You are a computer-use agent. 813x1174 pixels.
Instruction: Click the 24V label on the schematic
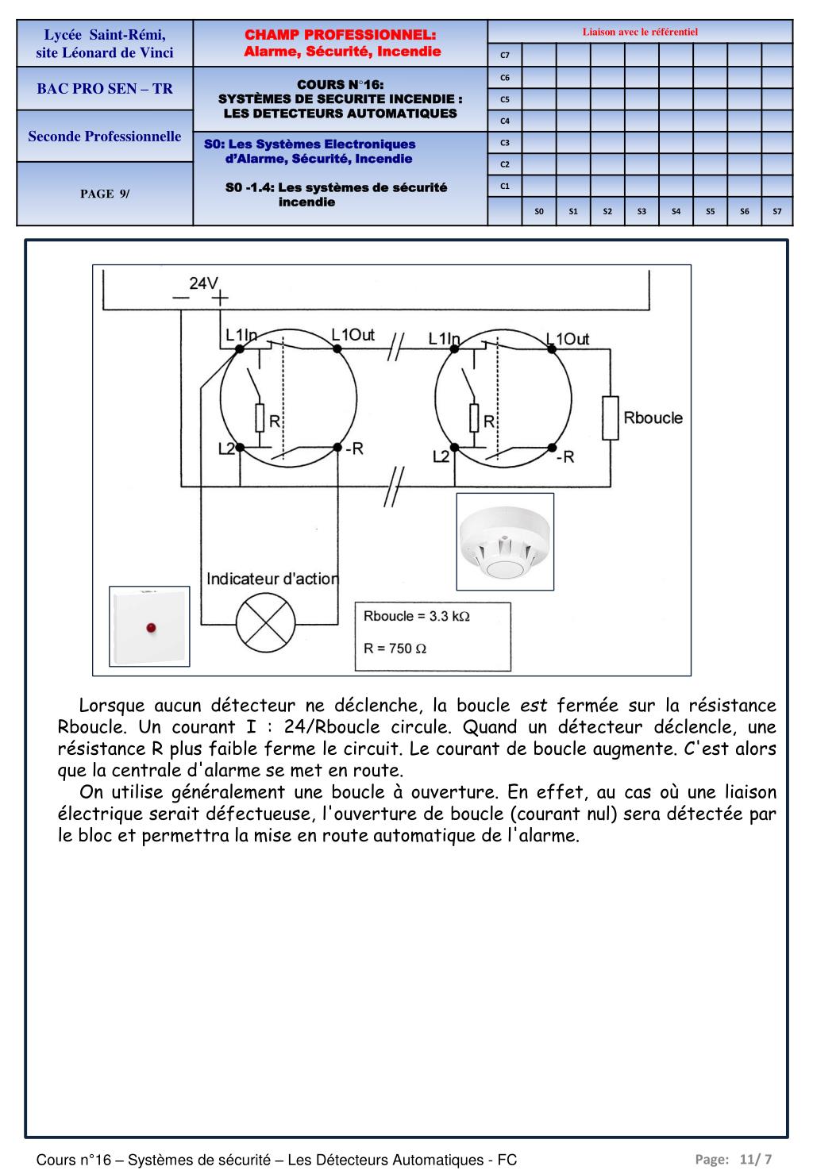point(203,283)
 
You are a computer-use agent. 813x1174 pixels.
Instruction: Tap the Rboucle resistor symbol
point(610,418)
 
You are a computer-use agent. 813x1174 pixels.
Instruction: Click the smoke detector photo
point(505,541)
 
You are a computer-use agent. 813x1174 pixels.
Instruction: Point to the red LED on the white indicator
point(150,629)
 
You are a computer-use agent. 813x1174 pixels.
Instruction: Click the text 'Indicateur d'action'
point(272,579)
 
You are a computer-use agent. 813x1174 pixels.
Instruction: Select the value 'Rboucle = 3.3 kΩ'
point(417,616)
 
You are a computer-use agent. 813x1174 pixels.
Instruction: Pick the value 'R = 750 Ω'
point(395,648)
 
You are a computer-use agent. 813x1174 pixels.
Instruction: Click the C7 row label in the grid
point(504,56)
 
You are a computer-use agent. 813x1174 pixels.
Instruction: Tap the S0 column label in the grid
point(539,211)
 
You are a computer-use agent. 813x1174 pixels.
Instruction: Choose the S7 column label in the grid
point(777,211)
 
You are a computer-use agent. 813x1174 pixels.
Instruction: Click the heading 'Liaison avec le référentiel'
point(640,33)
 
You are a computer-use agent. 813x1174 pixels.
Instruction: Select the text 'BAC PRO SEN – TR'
point(105,89)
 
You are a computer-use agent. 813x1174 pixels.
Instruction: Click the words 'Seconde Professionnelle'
point(105,137)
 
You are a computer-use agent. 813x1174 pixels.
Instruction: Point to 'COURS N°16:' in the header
point(340,85)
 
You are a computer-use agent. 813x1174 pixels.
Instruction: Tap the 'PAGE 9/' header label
point(105,194)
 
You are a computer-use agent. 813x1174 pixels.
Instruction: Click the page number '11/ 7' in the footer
point(755,1159)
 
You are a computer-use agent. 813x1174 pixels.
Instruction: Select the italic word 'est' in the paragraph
point(534,706)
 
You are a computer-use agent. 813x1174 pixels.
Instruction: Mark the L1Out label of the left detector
point(353,335)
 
